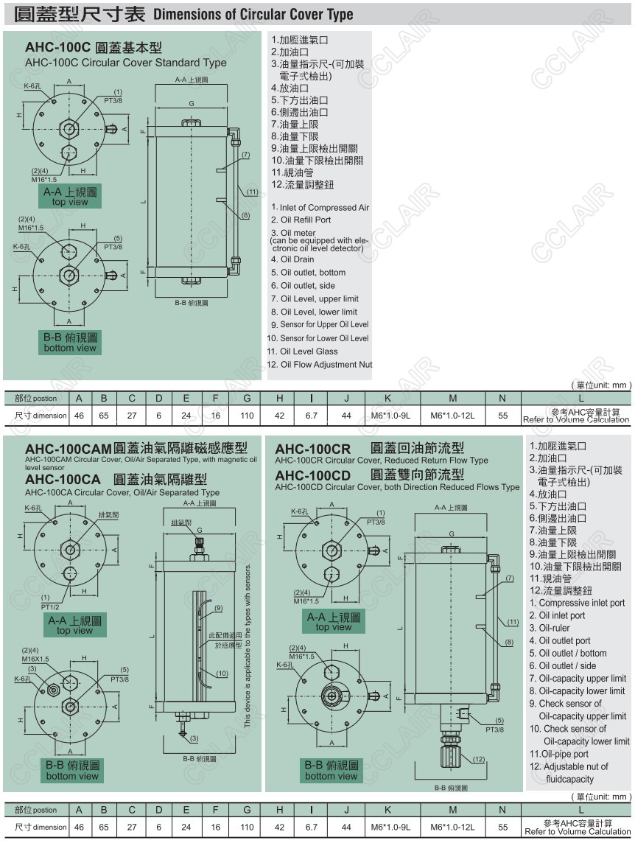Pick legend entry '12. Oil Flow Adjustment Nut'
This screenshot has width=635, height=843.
click(319, 364)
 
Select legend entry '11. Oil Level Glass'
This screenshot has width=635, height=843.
click(303, 351)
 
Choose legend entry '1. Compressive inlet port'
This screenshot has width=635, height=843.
click(577, 603)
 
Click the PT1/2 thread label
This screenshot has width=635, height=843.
click(51, 607)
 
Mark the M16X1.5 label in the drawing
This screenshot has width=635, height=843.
click(35, 659)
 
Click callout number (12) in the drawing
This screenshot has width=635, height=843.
click(478, 759)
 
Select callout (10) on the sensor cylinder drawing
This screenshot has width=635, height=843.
click(222, 674)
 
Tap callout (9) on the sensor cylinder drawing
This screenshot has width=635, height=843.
click(218, 608)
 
